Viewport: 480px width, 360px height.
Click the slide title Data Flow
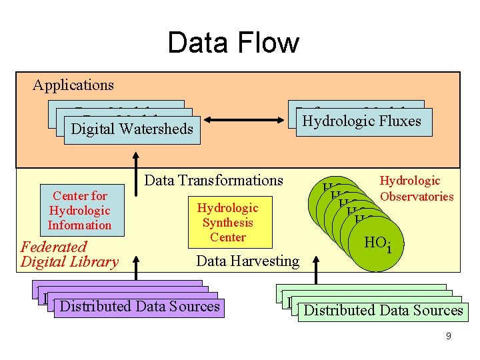[x=233, y=43]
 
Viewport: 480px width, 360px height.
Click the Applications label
[x=73, y=85]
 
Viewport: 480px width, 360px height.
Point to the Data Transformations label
[x=213, y=180]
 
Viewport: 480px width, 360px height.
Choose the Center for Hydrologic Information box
[x=79, y=211]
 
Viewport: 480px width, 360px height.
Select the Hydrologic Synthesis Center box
[x=228, y=223]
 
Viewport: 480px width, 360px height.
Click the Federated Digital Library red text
[x=69, y=254]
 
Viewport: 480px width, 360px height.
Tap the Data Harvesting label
[x=248, y=261]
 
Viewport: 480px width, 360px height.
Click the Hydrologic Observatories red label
[x=417, y=188]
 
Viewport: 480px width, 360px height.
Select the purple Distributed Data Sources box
[x=139, y=307]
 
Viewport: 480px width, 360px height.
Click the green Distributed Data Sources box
[x=383, y=311]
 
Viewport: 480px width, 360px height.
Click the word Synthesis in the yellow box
[x=228, y=223]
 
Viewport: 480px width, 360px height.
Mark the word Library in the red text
[x=95, y=261]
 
